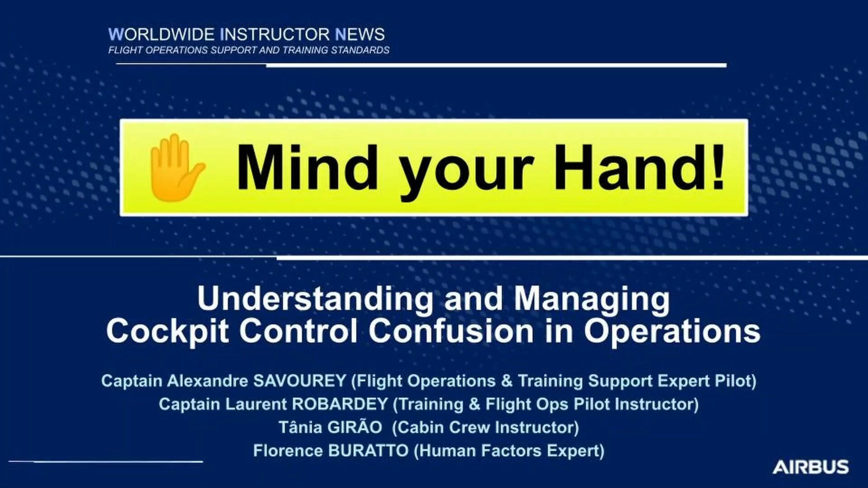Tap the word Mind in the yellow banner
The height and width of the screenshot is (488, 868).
coord(307,167)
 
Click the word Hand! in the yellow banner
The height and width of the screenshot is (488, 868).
coord(640,167)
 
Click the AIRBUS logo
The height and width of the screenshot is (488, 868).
coord(811,467)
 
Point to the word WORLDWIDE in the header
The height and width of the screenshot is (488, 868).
coord(161,34)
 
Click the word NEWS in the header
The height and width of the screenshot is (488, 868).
coord(360,34)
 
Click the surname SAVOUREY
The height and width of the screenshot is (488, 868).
coord(300,380)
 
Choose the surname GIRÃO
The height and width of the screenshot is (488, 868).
coord(356,427)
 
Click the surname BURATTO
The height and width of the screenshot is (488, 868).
coord(368,450)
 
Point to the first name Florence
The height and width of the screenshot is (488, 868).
coord(288,450)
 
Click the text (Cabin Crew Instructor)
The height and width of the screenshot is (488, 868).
coord(486,427)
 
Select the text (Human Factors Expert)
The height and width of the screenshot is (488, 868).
coord(509,451)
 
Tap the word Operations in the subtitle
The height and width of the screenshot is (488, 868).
coord(672,331)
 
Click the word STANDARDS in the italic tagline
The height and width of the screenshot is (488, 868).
coord(360,50)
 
